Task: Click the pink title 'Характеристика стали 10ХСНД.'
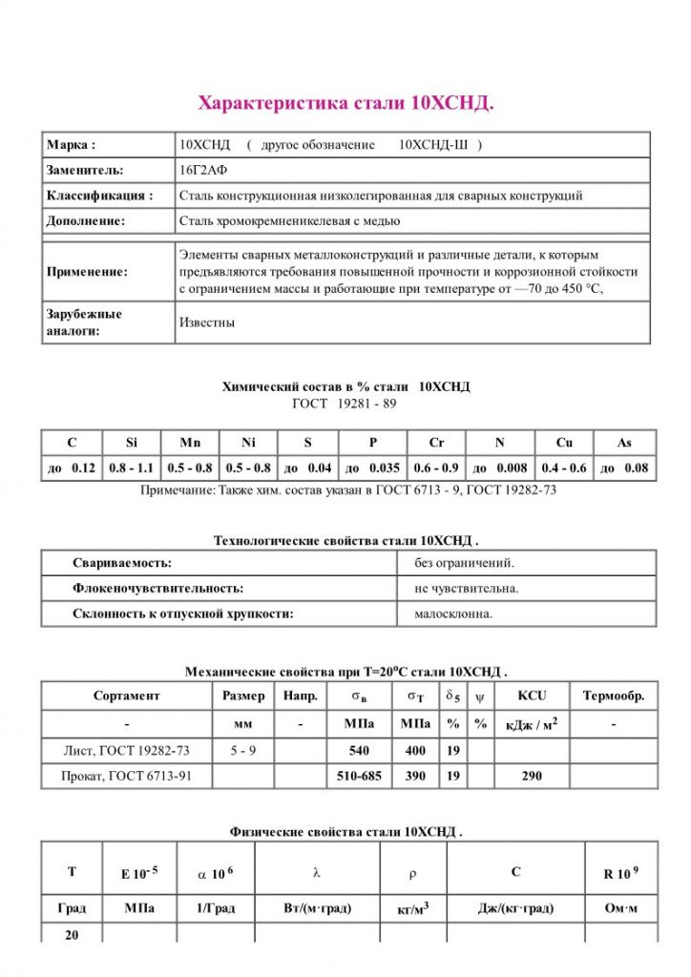pyautogui.click(x=345, y=103)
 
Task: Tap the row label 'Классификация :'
pyautogui.click(x=99, y=196)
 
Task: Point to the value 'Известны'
pyautogui.click(x=207, y=322)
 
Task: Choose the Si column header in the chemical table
pyautogui.click(x=131, y=443)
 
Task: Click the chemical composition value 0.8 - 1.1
pyautogui.click(x=131, y=468)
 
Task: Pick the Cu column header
pyautogui.click(x=564, y=443)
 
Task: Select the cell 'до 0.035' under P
pyautogui.click(x=372, y=468)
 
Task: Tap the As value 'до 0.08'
pyautogui.click(x=623, y=468)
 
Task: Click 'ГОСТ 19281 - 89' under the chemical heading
pyautogui.click(x=345, y=404)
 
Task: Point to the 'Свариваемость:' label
pyautogui.click(x=122, y=563)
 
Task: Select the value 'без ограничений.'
pyautogui.click(x=465, y=563)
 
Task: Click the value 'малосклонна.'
pyautogui.click(x=453, y=613)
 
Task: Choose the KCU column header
pyautogui.click(x=531, y=696)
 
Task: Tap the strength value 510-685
pyautogui.click(x=360, y=776)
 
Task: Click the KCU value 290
pyautogui.click(x=531, y=776)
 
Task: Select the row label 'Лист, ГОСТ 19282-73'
pyautogui.click(x=126, y=750)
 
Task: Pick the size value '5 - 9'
pyautogui.click(x=243, y=750)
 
